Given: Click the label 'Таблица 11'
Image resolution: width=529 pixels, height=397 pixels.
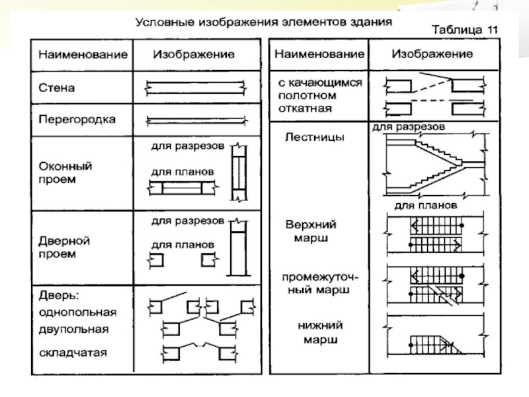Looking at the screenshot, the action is click(465, 30).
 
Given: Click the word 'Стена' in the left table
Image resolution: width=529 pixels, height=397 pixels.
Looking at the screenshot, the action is click(56, 88).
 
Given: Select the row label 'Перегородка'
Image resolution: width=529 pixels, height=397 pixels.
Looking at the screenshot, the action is click(77, 120).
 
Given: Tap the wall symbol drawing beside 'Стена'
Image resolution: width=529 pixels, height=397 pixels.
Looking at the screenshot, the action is click(196, 88).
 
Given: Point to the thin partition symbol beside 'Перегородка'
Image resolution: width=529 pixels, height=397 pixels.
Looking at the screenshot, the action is click(196, 120).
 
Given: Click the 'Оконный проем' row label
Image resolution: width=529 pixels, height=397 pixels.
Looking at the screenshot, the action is click(65, 173).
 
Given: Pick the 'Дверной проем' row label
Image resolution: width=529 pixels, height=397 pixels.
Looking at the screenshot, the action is click(64, 247).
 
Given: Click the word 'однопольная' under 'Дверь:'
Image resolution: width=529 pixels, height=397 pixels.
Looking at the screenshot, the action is click(77, 312).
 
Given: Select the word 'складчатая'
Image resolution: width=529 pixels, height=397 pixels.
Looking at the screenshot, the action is click(73, 353).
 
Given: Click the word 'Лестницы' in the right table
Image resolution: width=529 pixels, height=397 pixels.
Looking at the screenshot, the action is click(315, 137).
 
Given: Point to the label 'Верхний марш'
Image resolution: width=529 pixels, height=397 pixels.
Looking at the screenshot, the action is click(311, 231).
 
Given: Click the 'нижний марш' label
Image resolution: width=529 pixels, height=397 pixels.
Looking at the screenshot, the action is click(320, 333).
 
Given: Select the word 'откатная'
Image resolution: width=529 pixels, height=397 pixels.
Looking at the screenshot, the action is click(305, 109).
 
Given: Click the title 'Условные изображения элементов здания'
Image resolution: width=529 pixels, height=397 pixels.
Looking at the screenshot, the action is click(263, 22).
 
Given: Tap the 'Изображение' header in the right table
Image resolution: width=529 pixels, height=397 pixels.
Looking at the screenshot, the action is click(432, 54).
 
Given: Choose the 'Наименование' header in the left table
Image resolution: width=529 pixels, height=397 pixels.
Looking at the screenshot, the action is click(83, 55).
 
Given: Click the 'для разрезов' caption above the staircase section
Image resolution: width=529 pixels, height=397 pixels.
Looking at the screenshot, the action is click(409, 127).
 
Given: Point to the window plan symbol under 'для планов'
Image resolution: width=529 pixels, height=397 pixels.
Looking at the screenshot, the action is click(183, 188).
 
